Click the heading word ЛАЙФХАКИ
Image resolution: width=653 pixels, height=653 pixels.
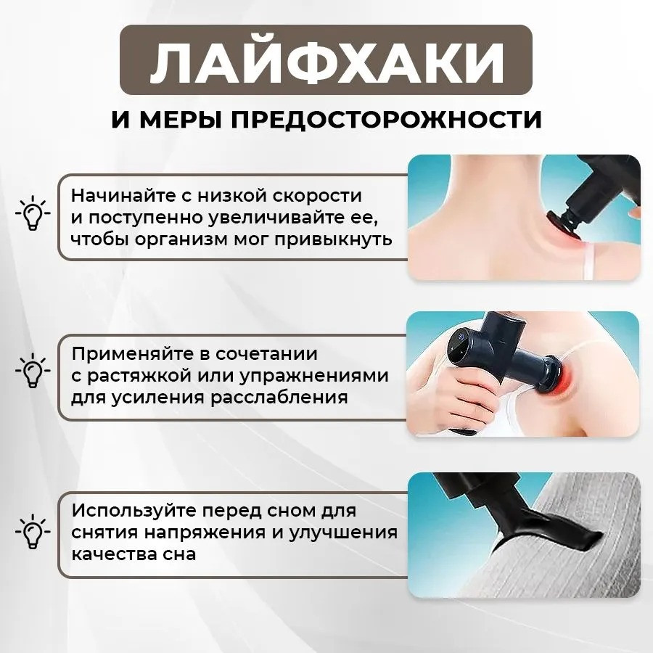point(326,61)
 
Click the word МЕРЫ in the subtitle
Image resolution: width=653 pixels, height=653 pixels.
point(179,120)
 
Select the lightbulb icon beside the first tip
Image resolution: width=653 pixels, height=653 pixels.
point(33,212)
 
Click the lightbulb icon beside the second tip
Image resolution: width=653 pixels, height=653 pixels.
point(33,370)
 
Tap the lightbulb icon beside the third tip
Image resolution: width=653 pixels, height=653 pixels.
point(33,530)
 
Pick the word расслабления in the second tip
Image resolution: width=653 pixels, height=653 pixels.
point(279,398)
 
